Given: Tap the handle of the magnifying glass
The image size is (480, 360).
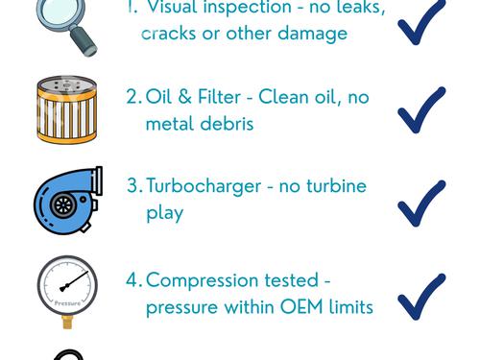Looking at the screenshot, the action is click(84, 42).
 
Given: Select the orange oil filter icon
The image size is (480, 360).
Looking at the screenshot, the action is click(67, 109).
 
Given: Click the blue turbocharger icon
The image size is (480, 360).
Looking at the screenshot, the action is click(68, 201).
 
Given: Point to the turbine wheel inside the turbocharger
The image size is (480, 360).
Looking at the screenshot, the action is click(63, 205).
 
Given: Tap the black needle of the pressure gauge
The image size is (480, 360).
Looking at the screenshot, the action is click(74, 281).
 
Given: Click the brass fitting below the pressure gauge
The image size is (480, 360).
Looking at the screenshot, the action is click(67, 322).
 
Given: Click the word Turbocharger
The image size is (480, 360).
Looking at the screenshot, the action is click(204, 187).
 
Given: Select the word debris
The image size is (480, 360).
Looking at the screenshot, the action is click(228, 124).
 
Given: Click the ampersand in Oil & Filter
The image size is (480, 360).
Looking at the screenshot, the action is click(184, 97).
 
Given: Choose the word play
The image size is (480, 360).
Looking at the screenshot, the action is click(165, 214).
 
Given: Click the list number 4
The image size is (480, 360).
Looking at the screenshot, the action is click(132, 280).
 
